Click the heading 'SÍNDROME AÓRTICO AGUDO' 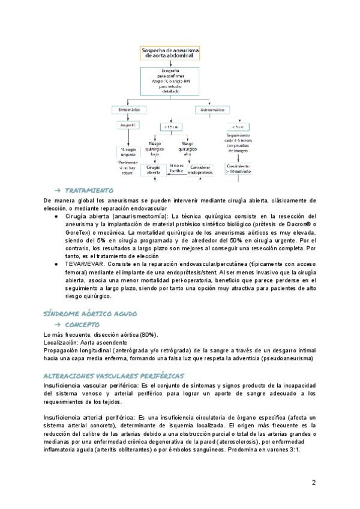[x=91, y=313]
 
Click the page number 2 [x=314, y=482]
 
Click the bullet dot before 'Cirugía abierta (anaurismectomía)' [x=56, y=216]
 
